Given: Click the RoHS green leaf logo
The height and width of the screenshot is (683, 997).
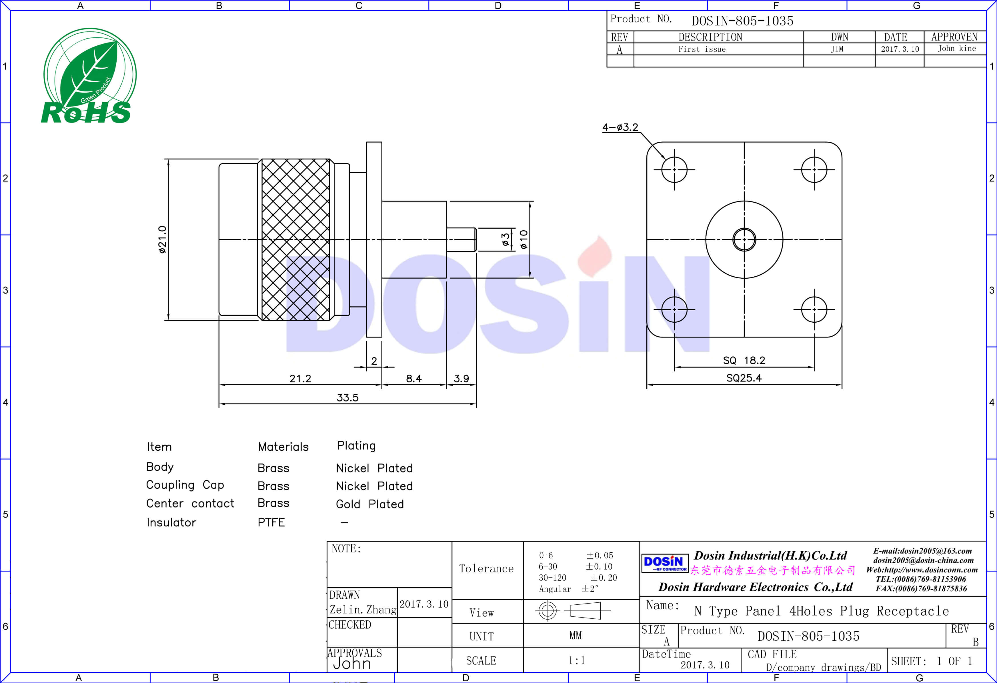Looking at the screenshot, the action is [89, 76].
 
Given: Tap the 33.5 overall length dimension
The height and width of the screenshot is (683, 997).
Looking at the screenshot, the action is [347, 397].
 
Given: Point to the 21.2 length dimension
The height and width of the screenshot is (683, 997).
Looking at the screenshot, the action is [300, 378].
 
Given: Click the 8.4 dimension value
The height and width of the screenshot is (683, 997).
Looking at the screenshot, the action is [414, 378].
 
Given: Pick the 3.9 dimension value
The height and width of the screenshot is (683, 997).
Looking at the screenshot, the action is [461, 378].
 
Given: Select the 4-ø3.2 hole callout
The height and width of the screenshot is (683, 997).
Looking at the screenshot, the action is [620, 127].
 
